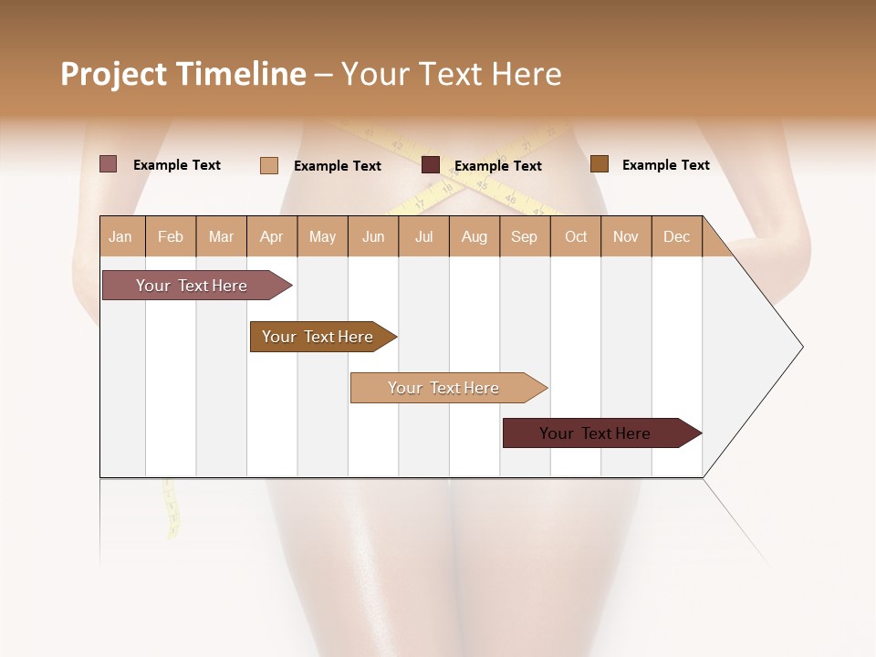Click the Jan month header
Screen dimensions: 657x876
pos(120,236)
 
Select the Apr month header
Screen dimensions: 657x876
pos(271,236)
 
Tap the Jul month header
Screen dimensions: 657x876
pos(423,236)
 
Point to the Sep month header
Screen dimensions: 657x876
pos(524,236)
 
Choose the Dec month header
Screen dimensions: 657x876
pos(676,236)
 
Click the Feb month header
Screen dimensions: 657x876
pos(171,236)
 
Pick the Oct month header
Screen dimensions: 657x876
pos(576,236)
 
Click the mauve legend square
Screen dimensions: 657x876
pos(108,164)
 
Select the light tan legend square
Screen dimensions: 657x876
pos(268,165)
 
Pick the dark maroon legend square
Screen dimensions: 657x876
pos(431,165)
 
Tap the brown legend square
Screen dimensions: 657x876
pos(599,164)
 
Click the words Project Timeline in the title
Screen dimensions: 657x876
pos(183,74)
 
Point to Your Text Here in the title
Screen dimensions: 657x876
pos(451,74)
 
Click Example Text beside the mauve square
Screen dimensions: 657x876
pos(177,165)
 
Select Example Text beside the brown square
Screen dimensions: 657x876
pos(665,165)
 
